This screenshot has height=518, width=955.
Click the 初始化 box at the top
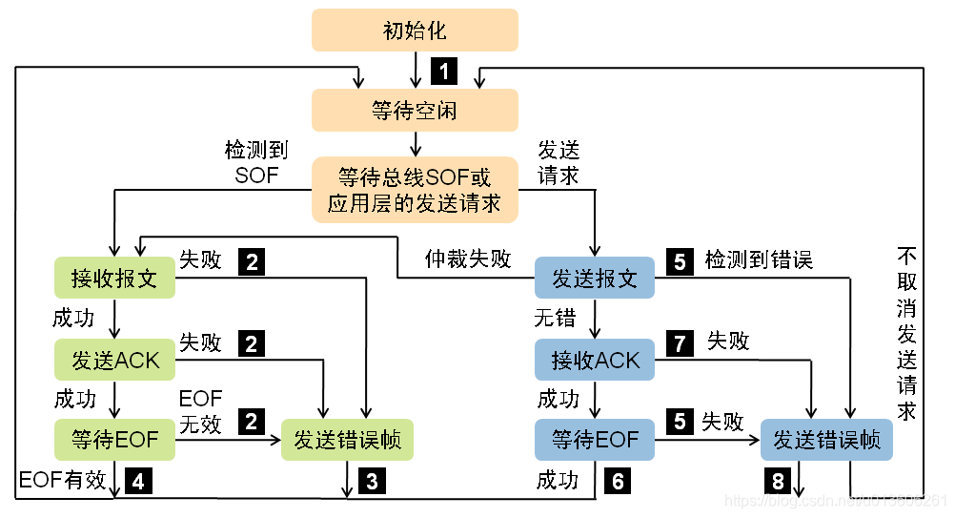click(415, 31)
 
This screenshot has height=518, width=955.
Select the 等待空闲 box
click(415, 111)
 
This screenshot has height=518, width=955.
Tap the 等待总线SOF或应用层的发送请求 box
click(415, 190)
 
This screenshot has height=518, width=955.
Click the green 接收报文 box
click(114, 279)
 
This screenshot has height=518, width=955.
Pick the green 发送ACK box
click(115, 360)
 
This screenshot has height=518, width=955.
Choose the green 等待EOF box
click(115, 440)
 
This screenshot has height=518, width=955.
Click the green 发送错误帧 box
click(347, 440)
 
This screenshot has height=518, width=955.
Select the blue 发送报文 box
click(595, 279)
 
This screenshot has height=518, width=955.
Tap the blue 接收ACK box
click(595, 360)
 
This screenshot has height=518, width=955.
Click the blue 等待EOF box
click(595, 440)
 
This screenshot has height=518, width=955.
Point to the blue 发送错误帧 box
click(826, 440)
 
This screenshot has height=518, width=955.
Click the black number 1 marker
click(445, 69)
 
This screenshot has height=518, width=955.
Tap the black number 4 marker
click(138, 480)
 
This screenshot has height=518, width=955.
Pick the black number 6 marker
click(618, 480)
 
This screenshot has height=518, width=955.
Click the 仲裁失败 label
click(468, 259)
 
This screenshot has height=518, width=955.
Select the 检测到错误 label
click(759, 259)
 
